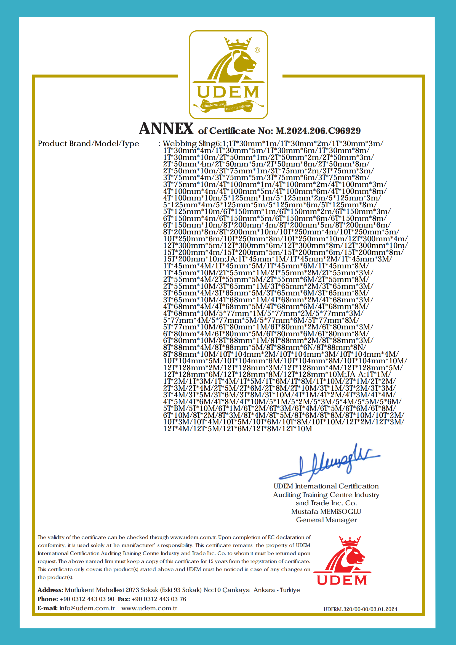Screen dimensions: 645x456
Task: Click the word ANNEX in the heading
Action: tap(166, 129)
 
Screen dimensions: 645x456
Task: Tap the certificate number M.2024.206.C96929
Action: tap(318, 131)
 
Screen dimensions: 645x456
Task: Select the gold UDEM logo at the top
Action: tap(228, 75)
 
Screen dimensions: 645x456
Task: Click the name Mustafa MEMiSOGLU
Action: tap(326, 512)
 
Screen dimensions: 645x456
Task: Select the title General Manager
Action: tap(326, 520)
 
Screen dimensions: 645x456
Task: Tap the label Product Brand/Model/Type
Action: tap(88, 144)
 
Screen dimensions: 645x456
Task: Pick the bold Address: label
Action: tap(50, 590)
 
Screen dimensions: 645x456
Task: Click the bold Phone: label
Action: tap(48, 599)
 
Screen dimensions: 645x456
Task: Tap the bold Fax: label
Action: tap(124, 599)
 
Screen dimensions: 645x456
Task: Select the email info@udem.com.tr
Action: tap(87, 608)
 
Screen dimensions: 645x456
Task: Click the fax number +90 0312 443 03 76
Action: tap(159, 599)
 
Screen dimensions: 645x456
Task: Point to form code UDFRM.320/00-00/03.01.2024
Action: tap(360, 609)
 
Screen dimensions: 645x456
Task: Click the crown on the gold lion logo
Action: tap(238, 43)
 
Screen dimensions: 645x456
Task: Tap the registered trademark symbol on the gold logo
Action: tap(257, 50)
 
